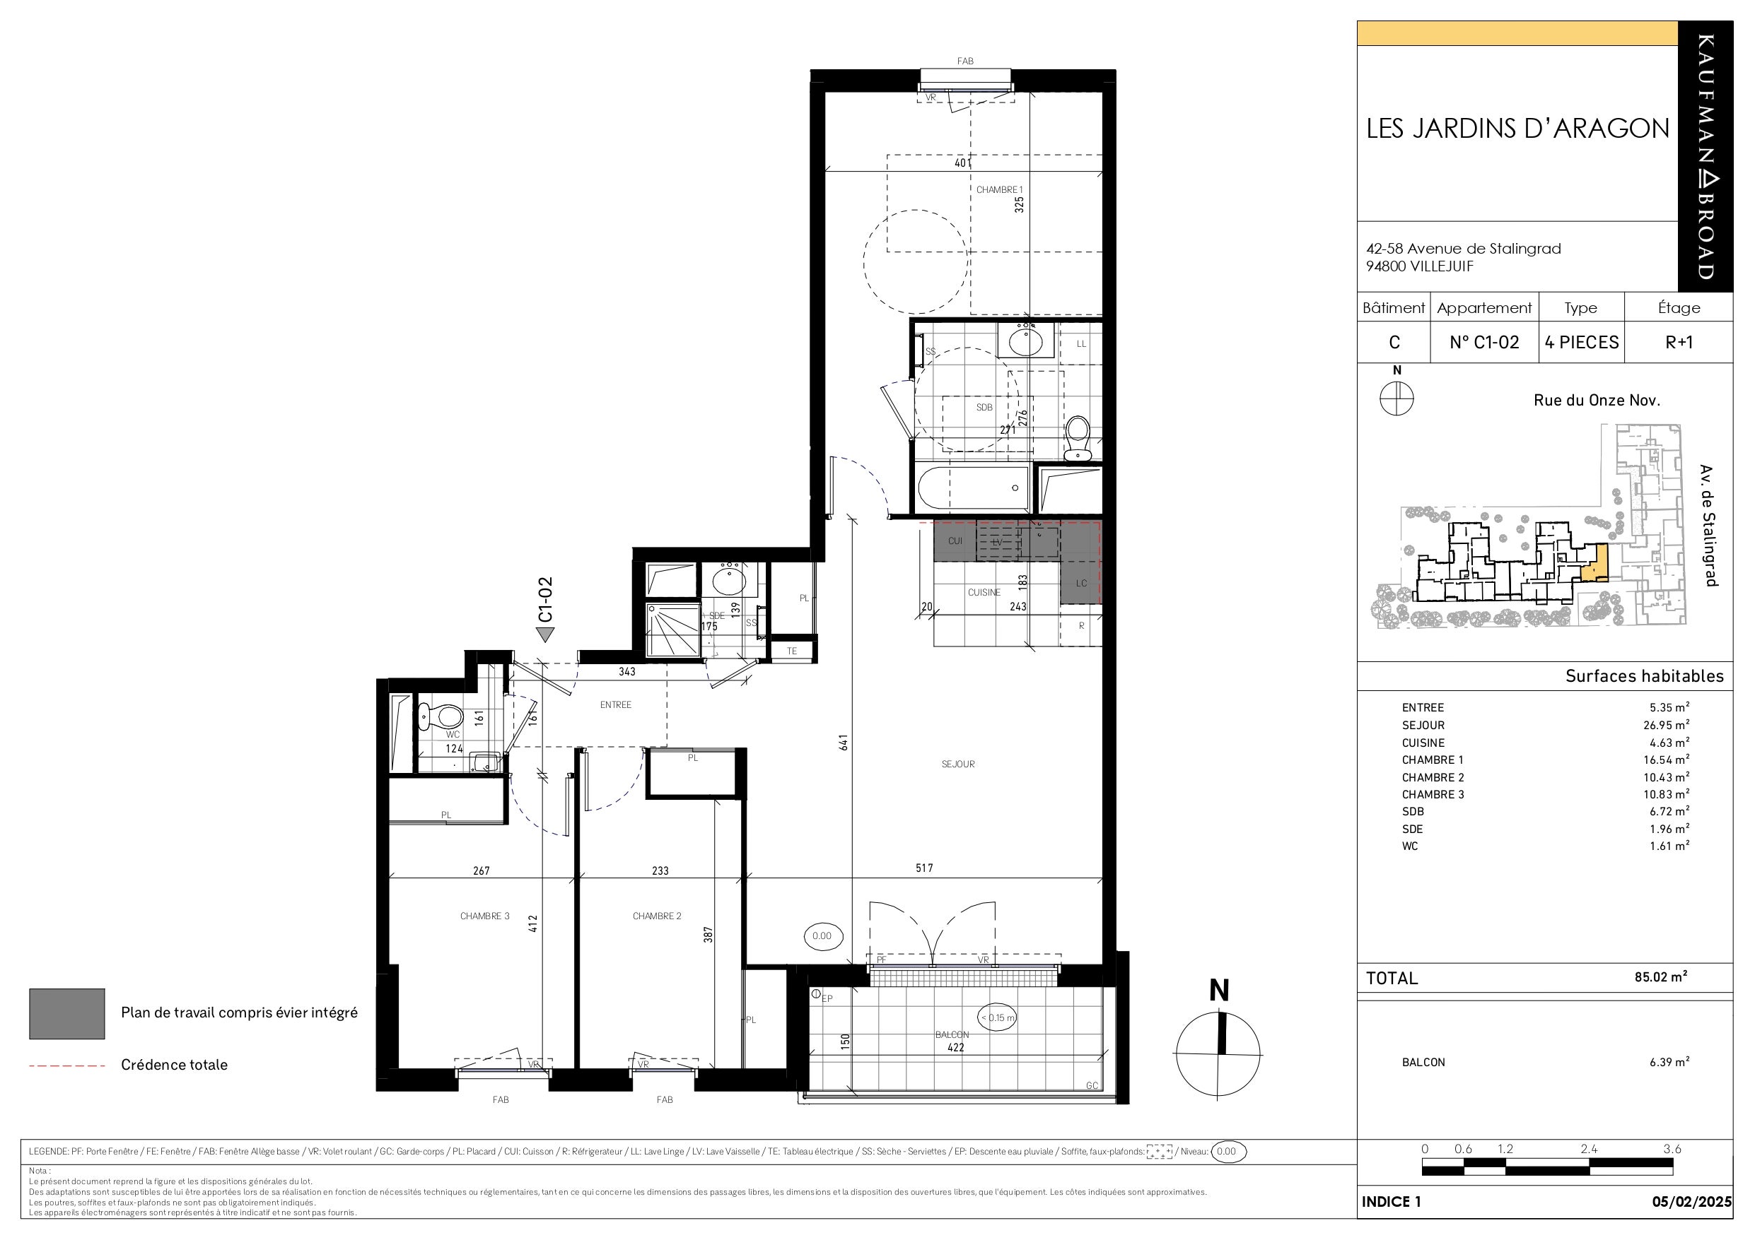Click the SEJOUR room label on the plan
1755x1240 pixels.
click(958, 764)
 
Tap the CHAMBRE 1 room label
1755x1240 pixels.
click(999, 189)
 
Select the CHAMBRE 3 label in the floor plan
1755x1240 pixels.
click(484, 916)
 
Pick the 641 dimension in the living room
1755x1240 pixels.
click(844, 742)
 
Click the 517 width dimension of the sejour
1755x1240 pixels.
click(924, 868)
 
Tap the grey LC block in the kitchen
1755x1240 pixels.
click(1081, 583)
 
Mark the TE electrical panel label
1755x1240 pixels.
click(792, 651)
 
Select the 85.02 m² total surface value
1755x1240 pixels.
click(1661, 976)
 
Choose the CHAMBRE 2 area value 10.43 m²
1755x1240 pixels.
click(1667, 777)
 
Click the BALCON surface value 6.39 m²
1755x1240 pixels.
click(1669, 1062)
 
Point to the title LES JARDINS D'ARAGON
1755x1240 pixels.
click(1518, 129)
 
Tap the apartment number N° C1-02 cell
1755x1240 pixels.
click(1484, 342)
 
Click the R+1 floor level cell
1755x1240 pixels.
click(1679, 342)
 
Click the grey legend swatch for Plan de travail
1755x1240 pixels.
click(67, 1014)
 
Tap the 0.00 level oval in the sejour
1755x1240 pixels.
click(822, 936)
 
